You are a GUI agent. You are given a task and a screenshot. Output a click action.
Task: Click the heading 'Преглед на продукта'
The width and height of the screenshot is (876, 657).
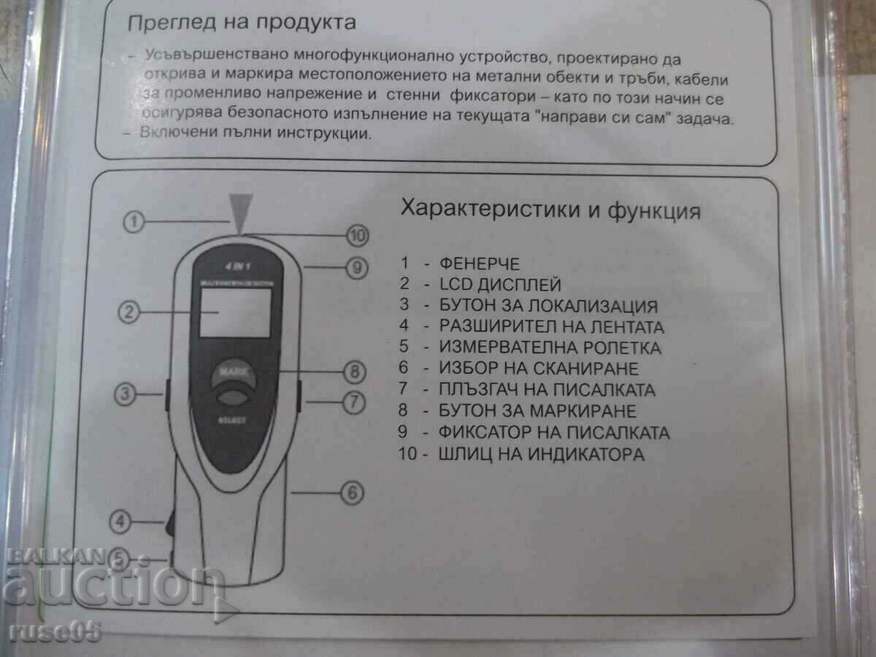[242, 23]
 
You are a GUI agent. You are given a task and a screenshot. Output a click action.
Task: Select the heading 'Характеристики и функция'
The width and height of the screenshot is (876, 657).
[550, 211]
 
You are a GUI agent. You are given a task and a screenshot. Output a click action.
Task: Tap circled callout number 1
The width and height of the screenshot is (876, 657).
[132, 222]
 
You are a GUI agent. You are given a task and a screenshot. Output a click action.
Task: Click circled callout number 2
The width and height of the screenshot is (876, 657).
[128, 312]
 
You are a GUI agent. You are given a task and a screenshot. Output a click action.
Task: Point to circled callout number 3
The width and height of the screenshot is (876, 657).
[126, 395]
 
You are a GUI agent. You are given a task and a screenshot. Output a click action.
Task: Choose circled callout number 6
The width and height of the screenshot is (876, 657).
[352, 493]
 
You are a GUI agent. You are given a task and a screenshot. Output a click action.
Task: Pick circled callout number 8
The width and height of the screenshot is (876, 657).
[355, 372]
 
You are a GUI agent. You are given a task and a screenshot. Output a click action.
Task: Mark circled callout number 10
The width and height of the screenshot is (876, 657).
[357, 235]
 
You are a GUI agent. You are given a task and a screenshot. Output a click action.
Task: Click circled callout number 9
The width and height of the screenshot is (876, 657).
[356, 269]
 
